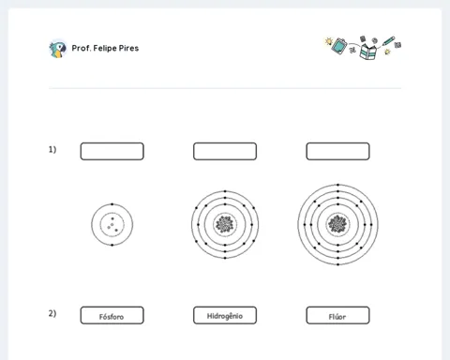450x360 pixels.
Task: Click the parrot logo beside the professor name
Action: (x=57, y=49)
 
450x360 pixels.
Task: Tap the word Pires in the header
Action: (x=128, y=48)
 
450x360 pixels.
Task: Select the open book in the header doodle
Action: (x=367, y=52)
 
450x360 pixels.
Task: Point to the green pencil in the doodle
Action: (x=388, y=41)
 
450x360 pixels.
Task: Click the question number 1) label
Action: (x=52, y=150)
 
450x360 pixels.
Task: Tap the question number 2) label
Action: (x=52, y=313)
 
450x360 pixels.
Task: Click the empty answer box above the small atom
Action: (x=112, y=151)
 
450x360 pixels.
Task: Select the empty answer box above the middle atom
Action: (x=225, y=151)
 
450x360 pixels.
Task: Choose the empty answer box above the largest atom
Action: (x=337, y=151)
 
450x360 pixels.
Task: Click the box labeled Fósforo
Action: (x=112, y=315)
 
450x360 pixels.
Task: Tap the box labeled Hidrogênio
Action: (x=225, y=315)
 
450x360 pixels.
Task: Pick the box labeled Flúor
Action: (x=337, y=315)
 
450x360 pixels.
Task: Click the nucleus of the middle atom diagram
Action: (x=225, y=224)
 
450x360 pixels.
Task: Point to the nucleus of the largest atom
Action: (x=337, y=224)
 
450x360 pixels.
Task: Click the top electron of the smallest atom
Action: (x=112, y=204)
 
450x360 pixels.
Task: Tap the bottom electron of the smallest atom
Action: (x=112, y=245)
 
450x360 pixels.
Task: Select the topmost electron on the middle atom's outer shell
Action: (x=225, y=191)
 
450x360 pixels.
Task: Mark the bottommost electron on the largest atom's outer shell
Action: (x=338, y=264)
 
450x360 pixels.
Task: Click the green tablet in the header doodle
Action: (x=339, y=46)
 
